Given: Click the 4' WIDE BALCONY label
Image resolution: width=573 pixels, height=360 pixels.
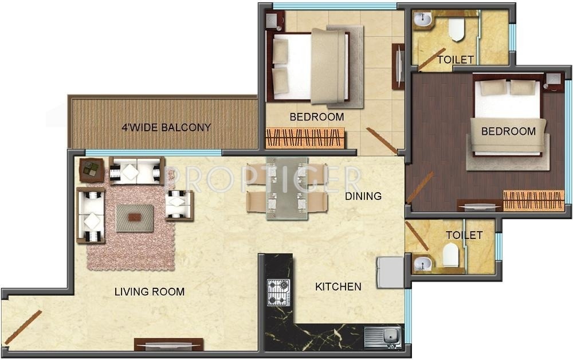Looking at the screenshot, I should [x=166, y=127].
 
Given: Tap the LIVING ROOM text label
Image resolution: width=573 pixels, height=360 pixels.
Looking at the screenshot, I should [x=150, y=292].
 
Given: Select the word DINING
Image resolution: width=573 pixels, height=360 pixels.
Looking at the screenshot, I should [x=363, y=196].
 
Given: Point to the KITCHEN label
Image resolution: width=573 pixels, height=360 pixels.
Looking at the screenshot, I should [x=338, y=287].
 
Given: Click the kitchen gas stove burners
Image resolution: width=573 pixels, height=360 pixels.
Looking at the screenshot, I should [x=279, y=292].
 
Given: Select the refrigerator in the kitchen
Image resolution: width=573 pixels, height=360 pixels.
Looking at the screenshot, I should [x=390, y=272].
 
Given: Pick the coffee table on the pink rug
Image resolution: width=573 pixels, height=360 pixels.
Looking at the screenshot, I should [x=135, y=218].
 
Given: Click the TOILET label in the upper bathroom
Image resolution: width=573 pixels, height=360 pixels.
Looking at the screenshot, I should [x=456, y=60].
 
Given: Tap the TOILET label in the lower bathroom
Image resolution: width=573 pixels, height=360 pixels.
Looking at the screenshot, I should [x=464, y=235].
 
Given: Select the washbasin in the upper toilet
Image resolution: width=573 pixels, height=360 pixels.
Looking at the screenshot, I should [x=422, y=21].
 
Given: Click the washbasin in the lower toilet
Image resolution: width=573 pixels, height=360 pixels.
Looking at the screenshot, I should [x=422, y=264].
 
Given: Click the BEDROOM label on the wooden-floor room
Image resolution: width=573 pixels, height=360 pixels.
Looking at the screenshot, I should [x=508, y=131].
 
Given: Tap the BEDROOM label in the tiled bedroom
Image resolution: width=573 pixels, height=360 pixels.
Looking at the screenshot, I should [x=317, y=117].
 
